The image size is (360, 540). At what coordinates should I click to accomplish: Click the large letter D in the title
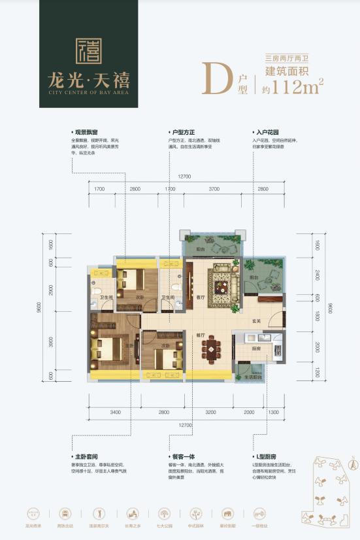pyautogui.click(x=212, y=77)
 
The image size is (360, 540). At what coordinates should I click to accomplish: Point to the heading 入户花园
pyautogui.click(x=264, y=131)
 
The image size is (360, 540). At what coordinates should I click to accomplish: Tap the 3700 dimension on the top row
pyautogui.click(x=214, y=189)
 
